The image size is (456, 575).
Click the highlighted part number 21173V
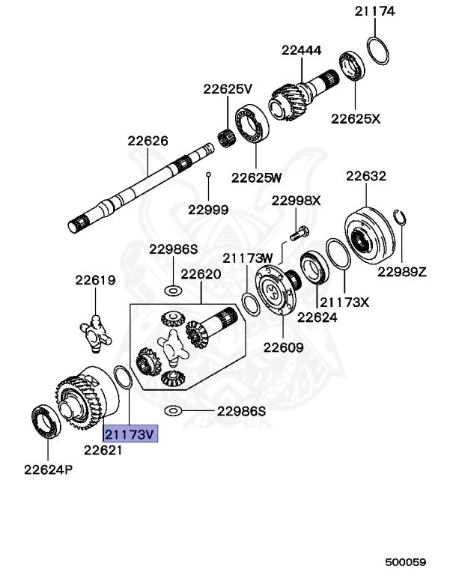pyautogui.click(x=130, y=434)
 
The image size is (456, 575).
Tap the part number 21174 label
pyautogui.click(x=375, y=11)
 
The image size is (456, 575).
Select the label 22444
pyautogui.click(x=302, y=51)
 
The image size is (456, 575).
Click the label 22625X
pyautogui.click(x=356, y=118)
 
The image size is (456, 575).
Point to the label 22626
pyautogui.click(x=148, y=140)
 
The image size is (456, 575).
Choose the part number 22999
pyautogui.click(x=208, y=210)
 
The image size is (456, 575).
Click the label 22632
pyautogui.click(x=366, y=177)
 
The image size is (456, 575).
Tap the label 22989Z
pyautogui.click(x=401, y=271)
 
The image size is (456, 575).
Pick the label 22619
pyautogui.click(x=95, y=281)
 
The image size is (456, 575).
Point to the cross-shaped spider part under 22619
pyautogui.click(x=96, y=331)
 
